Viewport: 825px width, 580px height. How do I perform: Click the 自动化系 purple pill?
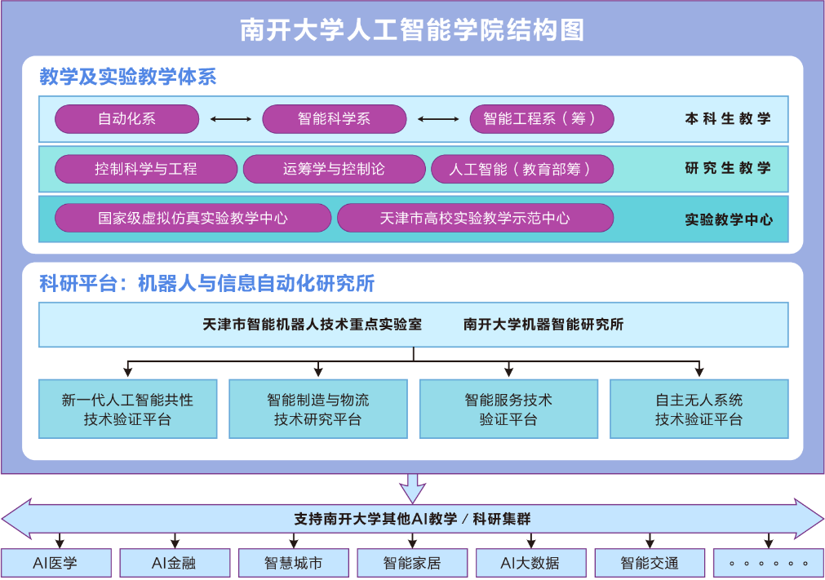click(126, 119)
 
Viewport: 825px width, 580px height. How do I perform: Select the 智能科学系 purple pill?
click(334, 119)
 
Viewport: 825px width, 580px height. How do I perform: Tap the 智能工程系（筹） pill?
click(541, 119)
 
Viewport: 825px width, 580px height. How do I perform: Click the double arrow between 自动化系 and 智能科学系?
click(231, 119)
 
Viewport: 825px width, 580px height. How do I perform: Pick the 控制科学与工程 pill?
click(146, 169)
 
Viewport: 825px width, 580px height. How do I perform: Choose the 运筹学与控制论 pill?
click(334, 169)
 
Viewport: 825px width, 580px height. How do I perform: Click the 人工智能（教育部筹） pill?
click(521, 169)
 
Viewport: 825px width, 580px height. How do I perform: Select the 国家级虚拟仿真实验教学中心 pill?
click(193, 218)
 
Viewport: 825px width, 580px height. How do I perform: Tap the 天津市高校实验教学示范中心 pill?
click(475, 218)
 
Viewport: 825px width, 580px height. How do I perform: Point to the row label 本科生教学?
click(728, 119)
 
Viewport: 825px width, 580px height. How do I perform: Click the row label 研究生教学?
click(728, 169)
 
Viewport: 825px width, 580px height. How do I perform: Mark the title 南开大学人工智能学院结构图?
click(412, 31)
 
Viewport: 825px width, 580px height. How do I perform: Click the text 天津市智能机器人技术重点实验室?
click(312, 324)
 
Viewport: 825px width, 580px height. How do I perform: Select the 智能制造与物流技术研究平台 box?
click(317, 409)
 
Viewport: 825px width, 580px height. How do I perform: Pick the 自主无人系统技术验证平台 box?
click(699, 409)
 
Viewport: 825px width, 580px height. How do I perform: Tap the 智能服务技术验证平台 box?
click(508, 409)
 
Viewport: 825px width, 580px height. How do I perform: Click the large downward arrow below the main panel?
click(413, 489)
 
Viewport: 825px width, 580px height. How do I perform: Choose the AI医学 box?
click(55, 563)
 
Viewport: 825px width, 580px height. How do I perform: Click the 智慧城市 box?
click(294, 563)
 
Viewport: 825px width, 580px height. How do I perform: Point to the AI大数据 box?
click(530, 563)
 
